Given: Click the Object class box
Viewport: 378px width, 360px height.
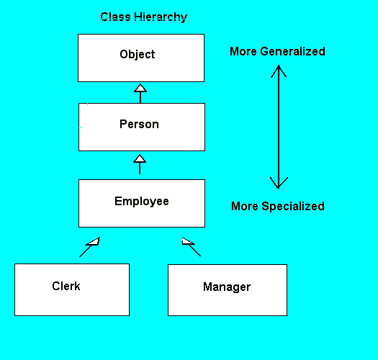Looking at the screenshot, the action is click(x=141, y=58).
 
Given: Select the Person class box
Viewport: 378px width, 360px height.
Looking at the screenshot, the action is click(x=142, y=127).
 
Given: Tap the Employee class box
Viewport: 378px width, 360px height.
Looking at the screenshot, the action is click(x=142, y=203).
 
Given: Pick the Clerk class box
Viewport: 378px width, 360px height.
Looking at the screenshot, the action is click(x=72, y=289).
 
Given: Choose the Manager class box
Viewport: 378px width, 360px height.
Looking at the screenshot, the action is click(x=228, y=290).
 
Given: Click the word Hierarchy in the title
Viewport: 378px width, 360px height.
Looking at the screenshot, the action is click(x=161, y=17).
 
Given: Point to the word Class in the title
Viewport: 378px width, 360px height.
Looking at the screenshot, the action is click(x=115, y=17).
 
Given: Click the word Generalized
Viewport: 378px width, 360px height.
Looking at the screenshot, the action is click(x=292, y=51).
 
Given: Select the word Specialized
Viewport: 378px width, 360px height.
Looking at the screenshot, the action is click(x=293, y=207).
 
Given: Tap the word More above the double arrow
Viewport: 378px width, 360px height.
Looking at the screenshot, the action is click(x=243, y=51).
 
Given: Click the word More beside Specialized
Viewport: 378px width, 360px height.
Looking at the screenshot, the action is click(x=245, y=207).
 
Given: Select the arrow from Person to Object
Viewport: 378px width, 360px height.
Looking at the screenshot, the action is click(x=140, y=94).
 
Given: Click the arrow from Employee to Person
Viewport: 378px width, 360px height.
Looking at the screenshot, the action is click(x=140, y=164).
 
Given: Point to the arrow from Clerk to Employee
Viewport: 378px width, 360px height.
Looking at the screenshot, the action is click(x=89, y=247).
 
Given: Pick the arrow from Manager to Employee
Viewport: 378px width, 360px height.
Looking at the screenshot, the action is click(x=192, y=247).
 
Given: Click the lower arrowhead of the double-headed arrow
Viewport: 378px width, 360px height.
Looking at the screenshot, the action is click(x=279, y=184).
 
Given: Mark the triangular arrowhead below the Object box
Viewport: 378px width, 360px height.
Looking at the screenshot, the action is click(x=140, y=88).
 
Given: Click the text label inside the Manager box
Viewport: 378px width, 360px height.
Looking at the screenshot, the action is click(x=227, y=287).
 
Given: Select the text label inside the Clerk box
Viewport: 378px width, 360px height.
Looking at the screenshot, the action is click(x=66, y=287).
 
